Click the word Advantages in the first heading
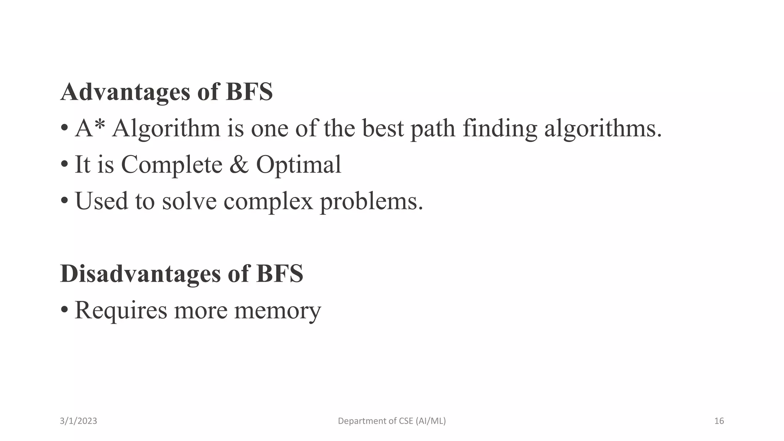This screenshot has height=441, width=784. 125,92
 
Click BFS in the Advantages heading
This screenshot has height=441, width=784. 249,92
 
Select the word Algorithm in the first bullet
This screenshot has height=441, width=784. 166,129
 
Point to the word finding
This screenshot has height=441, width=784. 500,129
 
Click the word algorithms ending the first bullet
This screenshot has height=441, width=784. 603,129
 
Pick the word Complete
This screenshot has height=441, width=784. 171,165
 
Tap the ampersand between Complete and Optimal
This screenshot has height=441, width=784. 239,165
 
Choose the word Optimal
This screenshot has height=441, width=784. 298,165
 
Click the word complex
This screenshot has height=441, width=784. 268,202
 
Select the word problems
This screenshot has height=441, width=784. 371,202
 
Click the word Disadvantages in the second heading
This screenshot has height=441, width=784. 140,274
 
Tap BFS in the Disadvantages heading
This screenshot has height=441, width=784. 279,274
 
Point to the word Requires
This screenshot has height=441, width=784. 121,310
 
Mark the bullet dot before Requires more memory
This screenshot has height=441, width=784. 64,309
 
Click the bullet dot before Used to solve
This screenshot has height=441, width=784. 64,200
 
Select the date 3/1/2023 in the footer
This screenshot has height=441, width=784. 78,421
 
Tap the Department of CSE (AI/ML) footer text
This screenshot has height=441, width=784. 392,421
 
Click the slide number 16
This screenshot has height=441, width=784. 719,421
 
